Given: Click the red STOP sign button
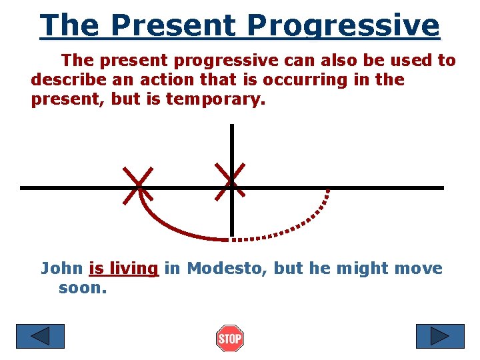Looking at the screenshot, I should pyautogui.click(x=230, y=339).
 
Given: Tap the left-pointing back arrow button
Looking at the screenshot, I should pyautogui.click(x=40, y=336).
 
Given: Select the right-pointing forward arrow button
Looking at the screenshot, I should pyautogui.click(x=439, y=336).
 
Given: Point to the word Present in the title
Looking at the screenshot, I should pyautogui.click(x=173, y=26).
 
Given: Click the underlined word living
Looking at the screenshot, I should pyautogui.click(x=133, y=269).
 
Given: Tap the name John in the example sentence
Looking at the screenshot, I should pyautogui.click(x=62, y=269).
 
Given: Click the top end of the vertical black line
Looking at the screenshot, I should pyautogui.click(x=231, y=127).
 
